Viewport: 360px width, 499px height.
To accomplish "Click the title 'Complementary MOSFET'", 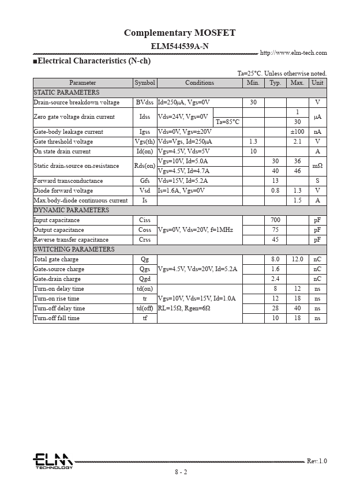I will tap(179, 33).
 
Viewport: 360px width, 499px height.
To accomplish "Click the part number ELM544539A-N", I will tap(179, 46).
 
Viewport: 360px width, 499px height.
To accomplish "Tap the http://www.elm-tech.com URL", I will tap(293, 53).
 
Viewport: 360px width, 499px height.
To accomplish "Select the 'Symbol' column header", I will tap(145, 83).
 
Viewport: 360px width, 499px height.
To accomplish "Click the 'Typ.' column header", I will tap(275, 83).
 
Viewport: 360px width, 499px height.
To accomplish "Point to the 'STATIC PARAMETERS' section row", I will tap(66, 92).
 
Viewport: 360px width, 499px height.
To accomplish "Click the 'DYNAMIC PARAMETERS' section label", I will tap(71, 210).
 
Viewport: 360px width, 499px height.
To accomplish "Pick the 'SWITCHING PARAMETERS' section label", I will tap(74, 249).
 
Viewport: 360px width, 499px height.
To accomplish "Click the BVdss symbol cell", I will tap(145, 102).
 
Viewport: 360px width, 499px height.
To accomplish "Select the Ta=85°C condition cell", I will tap(227, 122).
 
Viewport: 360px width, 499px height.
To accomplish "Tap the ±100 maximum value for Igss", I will tap(297, 132).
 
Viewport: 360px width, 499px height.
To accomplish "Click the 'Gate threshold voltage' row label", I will tap(63, 141).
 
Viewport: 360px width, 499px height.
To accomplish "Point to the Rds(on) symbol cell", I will tap(145, 166).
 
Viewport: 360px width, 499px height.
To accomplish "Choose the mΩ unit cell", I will tap(317, 166).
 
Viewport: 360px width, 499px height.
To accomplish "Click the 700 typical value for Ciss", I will tap(275, 220).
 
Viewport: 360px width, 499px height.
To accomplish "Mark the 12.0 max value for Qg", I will tap(297, 259).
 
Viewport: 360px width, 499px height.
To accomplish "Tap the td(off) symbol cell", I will tap(145, 308).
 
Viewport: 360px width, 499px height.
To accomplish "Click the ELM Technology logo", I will tap(52, 461).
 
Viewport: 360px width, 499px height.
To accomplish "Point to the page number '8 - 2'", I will tap(181, 472).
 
